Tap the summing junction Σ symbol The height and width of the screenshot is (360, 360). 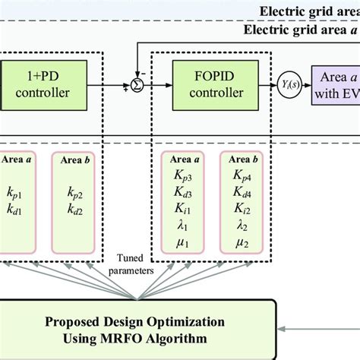[137, 86]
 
